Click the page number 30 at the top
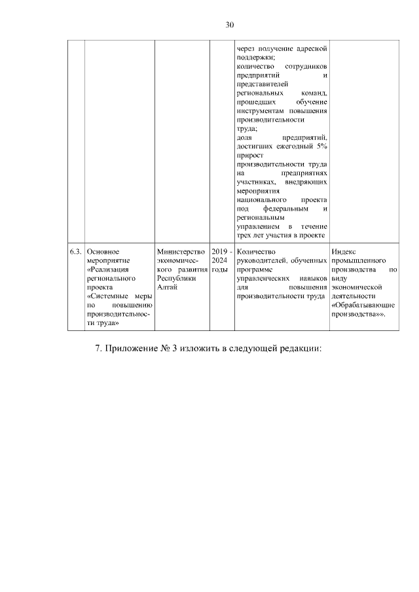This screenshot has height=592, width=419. click(230, 25)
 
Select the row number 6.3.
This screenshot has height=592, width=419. click(76, 251)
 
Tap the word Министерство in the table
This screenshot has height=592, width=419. click(181, 251)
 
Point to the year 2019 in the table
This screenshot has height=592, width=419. click(219, 251)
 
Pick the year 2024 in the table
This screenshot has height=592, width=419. click(219, 260)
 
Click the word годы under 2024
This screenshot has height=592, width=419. click(219, 270)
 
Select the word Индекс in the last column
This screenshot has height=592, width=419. click(344, 251)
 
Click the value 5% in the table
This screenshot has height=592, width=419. click(321, 146)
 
